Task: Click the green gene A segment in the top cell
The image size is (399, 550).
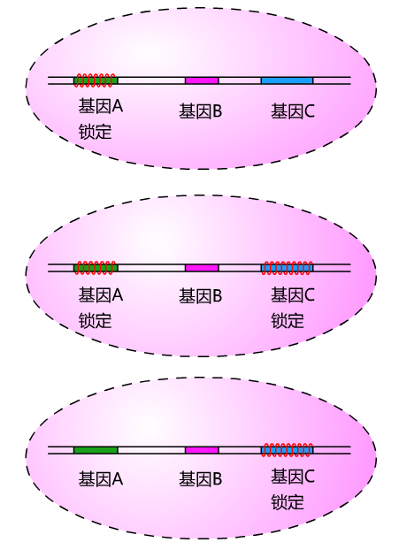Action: click(x=96, y=80)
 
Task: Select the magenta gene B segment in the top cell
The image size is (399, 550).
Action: click(x=202, y=80)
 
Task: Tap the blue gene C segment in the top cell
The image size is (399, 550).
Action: click(x=287, y=80)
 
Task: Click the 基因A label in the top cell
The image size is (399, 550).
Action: click(x=101, y=106)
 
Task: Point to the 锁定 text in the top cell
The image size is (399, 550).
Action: click(x=95, y=132)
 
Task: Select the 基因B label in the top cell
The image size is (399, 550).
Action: click(x=201, y=111)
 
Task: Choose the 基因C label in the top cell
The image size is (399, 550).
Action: click(x=293, y=111)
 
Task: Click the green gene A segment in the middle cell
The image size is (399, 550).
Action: click(x=96, y=268)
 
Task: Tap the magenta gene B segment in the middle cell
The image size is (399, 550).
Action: click(x=202, y=268)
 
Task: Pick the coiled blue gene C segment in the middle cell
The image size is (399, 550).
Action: click(x=287, y=268)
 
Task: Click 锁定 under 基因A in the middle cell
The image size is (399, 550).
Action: click(x=95, y=321)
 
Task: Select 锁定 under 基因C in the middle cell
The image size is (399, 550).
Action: click(x=288, y=321)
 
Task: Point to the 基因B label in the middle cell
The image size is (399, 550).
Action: click(x=201, y=296)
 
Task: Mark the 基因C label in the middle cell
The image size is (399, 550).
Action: click(x=293, y=294)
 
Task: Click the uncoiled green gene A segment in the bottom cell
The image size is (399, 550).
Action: click(x=96, y=450)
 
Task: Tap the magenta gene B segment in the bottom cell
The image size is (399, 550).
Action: click(x=202, y=450)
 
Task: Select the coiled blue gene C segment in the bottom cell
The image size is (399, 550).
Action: click(x=287, y=450)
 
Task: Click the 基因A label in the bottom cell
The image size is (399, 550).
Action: click(x=101, y=478)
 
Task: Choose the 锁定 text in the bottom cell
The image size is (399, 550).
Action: click(x=288, y=502)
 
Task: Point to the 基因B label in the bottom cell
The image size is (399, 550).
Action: click(x=201, y=478)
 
